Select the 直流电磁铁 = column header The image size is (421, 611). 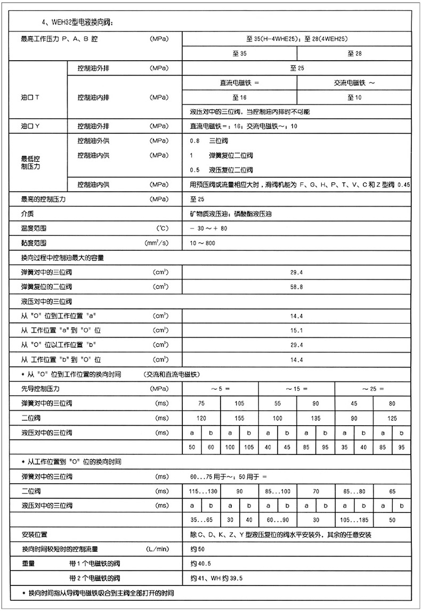(239, 83)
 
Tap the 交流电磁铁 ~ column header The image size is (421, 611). (354, 83)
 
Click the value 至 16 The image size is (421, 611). (239, 97)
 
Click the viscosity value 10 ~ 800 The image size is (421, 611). (203, 243)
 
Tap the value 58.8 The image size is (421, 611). (297, 287)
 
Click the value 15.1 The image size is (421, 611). (297, 330)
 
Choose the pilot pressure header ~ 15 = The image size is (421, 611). (297, 389)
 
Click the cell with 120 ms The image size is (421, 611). (201, 418)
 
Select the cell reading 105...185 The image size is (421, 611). (354, 519)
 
